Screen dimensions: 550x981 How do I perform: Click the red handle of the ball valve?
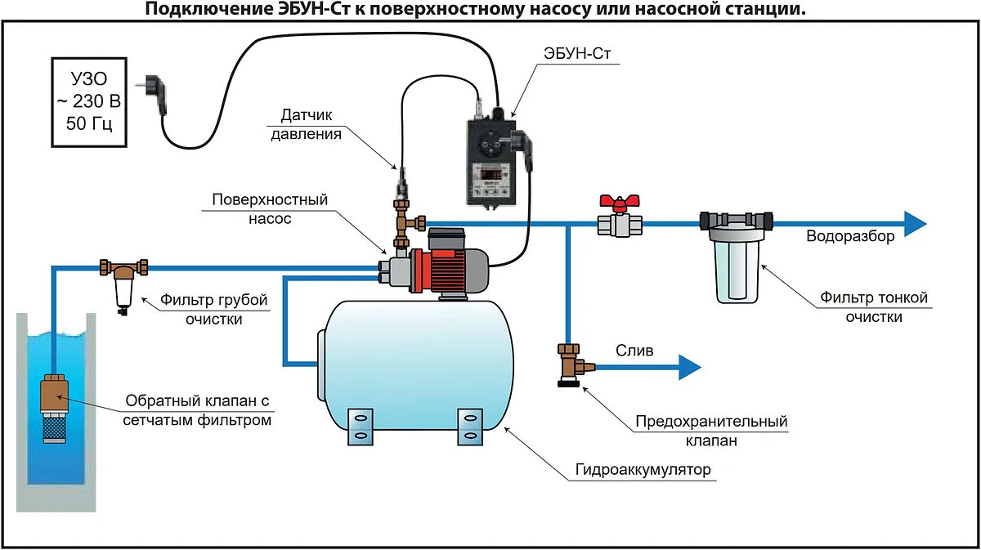coord(617,201)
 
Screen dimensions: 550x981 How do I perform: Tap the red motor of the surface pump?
coord(441,266)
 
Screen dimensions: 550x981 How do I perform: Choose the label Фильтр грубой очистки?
coord(214,310)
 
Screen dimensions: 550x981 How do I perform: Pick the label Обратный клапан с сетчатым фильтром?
coord(197,411)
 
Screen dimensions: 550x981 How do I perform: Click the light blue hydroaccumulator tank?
coord(417,360)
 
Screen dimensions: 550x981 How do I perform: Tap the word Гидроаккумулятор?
coord(643,471)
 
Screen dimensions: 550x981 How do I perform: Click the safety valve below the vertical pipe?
coord(568,364)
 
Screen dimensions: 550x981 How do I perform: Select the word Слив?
coord(634,351)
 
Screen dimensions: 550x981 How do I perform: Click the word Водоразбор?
coord(850,237)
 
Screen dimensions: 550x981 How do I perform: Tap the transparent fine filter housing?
coord(738,266)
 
